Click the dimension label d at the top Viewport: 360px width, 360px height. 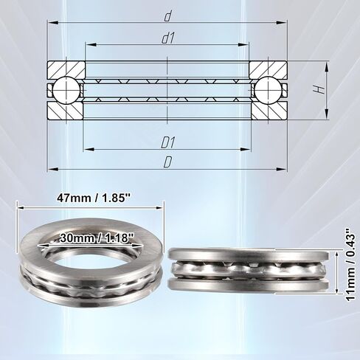(x=167, y=17)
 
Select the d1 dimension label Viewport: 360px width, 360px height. (x=168, y=39)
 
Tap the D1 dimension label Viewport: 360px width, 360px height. (x=168, y=143)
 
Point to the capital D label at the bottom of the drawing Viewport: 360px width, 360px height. (x=167, y=162)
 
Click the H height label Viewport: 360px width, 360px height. (x=319, y=89)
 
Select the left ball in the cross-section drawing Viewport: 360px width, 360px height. (x=66, y=90)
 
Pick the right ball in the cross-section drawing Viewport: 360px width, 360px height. (x=269, y=90)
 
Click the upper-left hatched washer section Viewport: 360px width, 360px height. (x=66, y=70)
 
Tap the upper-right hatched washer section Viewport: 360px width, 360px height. (x=269, y=70)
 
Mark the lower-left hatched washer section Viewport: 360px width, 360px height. (x=66, y=111)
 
